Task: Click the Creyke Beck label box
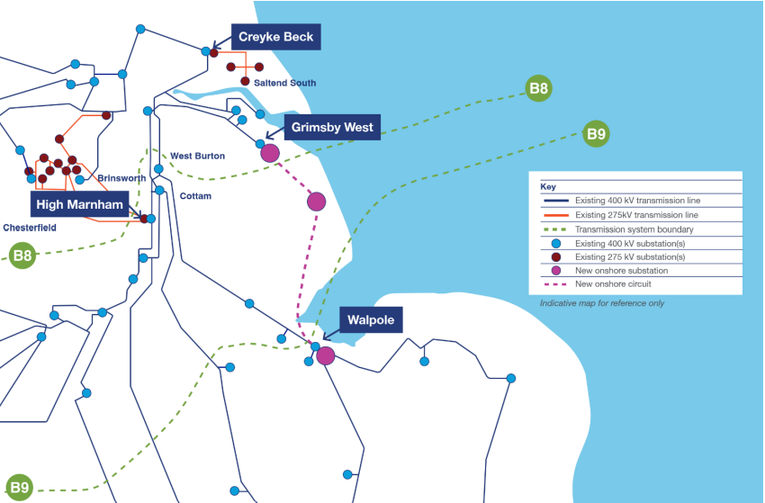click(274, 37)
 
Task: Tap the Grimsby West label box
click(332, 127)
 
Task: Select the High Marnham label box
click(79, 204)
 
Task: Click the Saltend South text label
click(278, 84)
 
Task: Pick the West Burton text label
click(197, 157)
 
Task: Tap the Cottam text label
click(195, 194)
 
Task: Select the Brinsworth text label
click(121, 178)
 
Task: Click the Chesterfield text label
click(30, 228)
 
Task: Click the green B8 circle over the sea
click(539, 89)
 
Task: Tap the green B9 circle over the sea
click(596, 135)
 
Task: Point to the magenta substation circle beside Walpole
click(326, 356)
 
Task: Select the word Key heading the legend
click(549, 186)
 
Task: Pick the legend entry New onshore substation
click(621, 271)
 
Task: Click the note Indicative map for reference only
click(602, 303)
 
